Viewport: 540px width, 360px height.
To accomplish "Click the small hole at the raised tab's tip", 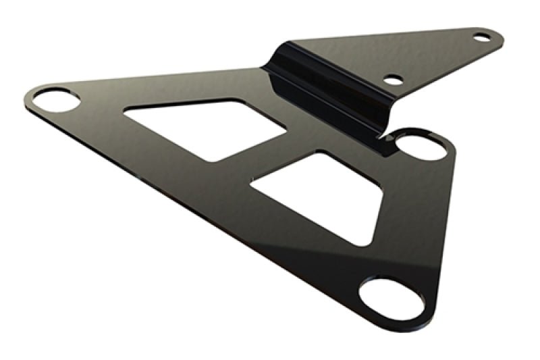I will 481,37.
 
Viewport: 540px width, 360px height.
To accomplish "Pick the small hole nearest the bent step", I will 393,80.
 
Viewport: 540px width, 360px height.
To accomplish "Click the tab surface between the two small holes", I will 439,57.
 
